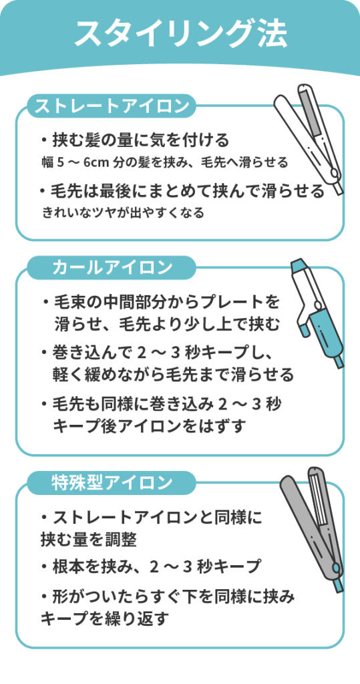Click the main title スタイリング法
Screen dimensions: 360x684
tap(180, 33)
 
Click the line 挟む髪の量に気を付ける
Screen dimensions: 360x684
tap(140, 140)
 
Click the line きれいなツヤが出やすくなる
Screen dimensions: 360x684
tap(123, 213)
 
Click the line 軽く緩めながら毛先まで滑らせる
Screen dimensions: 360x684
tap(173, 374)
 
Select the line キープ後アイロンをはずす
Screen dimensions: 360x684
tap(148, 425)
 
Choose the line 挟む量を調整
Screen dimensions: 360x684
tap(89, 540)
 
